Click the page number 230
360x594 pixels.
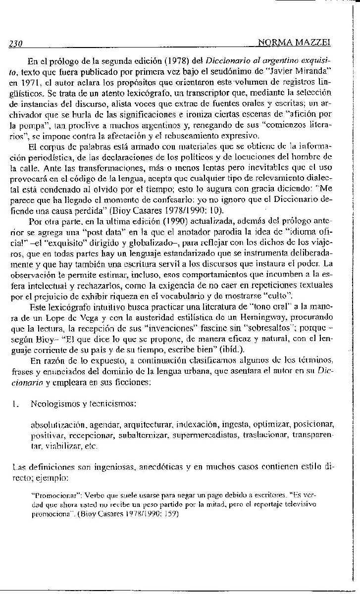(17, 44)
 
